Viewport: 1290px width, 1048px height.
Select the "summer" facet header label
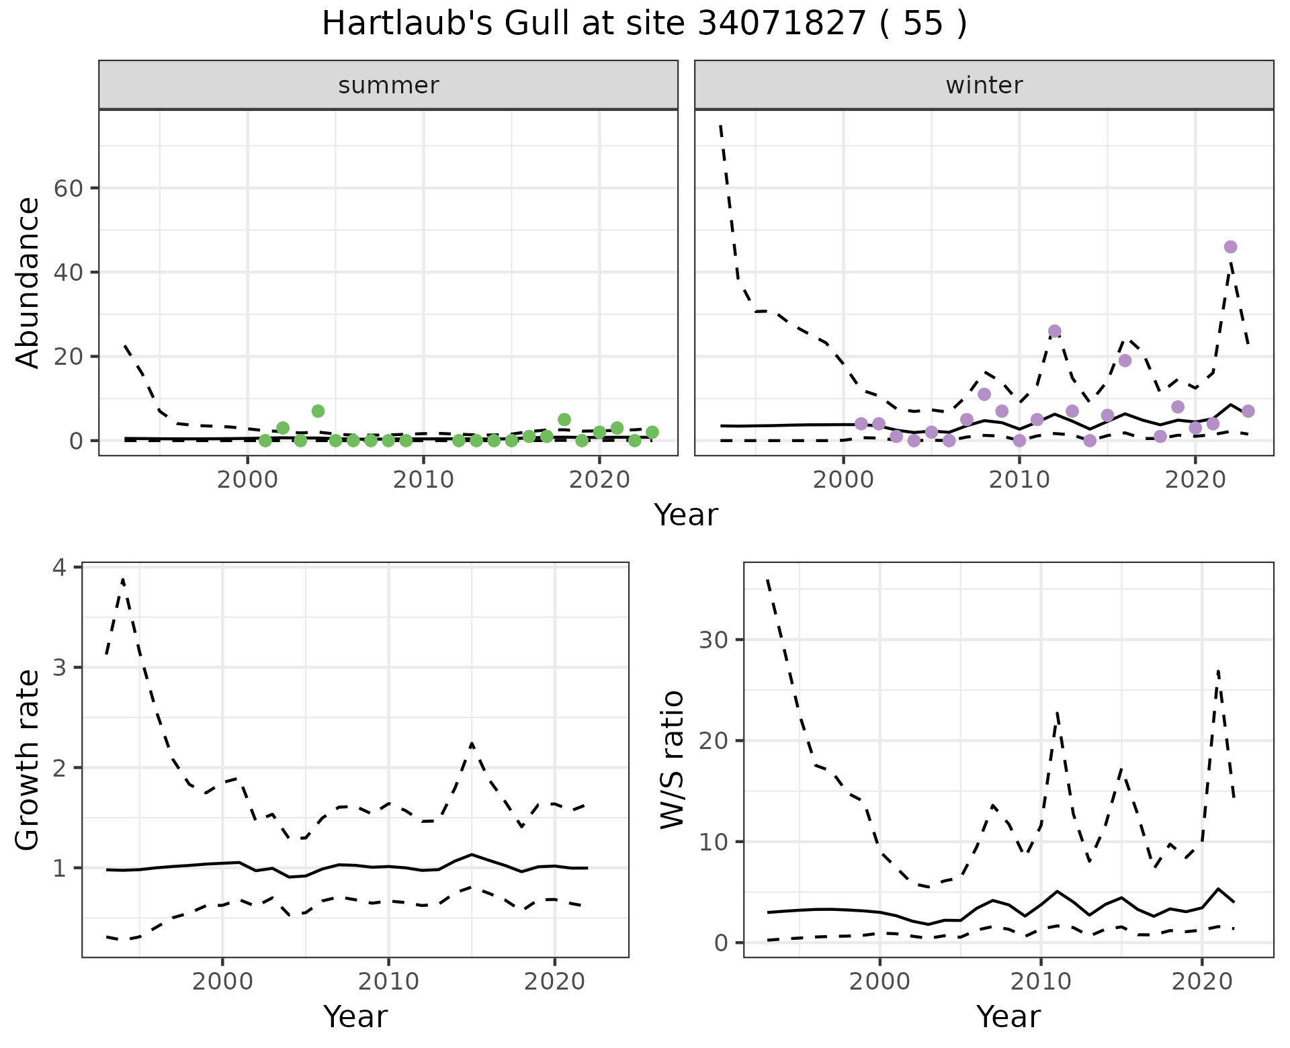[x=388, y=85]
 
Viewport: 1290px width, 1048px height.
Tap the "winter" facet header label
[x=984, y=85]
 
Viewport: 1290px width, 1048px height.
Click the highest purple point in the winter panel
[x=1230, y=247]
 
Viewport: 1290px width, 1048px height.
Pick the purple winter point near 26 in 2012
[x=1054, y=331]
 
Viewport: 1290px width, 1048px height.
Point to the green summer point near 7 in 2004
[x=318, y=411]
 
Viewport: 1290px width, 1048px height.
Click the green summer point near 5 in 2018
[x=564, y=420]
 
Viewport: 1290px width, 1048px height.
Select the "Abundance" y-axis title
[x=28, y=283]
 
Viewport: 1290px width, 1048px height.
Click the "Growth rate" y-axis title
[x=28, y=760]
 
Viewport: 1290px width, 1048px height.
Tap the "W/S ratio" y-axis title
[x=672, y=760]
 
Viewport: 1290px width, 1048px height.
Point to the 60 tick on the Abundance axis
[x=68, y=188]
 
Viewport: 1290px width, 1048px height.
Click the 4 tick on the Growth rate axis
[x=60, y=568]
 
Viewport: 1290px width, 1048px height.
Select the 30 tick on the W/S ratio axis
[x=715, y=640]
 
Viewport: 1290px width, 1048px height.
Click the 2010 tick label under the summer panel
[x=423, y=481]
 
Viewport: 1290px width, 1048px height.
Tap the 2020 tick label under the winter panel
[x=1195, y=481]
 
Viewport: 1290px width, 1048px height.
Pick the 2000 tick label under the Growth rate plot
[x=222, y=982]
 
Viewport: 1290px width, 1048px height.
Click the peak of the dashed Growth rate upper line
[x=123, y=579]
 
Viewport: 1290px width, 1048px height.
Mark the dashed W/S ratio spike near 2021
[x=1218, y=670]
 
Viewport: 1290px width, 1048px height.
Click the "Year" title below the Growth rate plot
[x=355, y=1017]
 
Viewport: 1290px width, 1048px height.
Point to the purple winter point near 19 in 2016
[x=1125, y=361]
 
